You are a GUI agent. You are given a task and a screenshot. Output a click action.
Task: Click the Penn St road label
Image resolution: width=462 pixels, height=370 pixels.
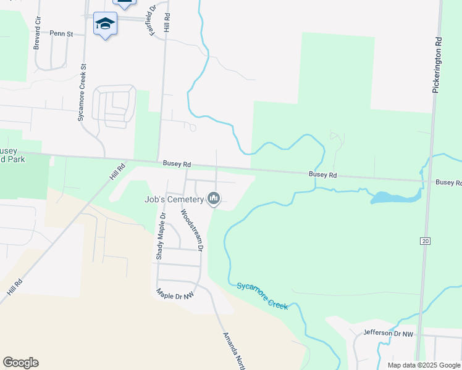(x=62, y=33)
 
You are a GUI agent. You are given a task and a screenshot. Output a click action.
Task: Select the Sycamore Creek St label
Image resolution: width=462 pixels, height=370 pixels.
(x=82, y=91)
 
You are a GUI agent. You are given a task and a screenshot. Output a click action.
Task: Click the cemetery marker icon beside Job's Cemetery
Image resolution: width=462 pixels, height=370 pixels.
(x=214, y=199)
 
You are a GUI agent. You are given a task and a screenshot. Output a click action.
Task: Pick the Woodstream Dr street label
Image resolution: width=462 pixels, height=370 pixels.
(x=191, y=229)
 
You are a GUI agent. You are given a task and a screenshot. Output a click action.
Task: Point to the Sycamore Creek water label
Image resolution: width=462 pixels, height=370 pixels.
(x=262, y=296)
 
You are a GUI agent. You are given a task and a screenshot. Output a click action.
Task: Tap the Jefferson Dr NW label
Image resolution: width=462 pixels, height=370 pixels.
(x=388, y=333)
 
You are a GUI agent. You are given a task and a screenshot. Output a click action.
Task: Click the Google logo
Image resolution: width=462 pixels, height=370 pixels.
(x=20, y=363)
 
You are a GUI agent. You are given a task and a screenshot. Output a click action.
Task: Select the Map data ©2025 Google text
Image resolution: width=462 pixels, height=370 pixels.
(x=423, y=365)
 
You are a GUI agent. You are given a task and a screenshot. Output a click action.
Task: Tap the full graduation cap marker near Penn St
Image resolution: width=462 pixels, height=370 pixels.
(x=105, y=24)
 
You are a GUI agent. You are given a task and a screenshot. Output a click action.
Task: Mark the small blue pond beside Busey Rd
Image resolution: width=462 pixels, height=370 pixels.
(x=394, y=197)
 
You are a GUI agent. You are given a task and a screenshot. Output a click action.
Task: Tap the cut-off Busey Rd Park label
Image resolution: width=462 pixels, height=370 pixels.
(x=11, y=155)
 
